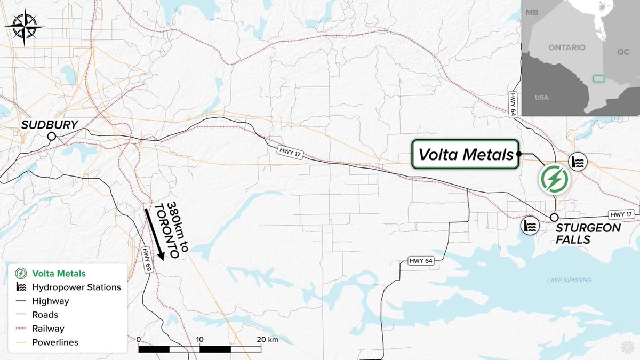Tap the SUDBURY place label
[x=49, y=125]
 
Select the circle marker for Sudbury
[x=51, y=137]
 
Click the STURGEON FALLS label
[x=588, y=234]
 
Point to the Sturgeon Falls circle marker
[x=554, y=218]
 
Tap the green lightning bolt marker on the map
[x=554, y=179]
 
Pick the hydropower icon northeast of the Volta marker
[x=578, y=161]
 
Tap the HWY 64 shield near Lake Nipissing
[x=421, y=261]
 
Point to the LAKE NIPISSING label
[x=569, y=280]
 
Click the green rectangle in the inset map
[x=598, y=78]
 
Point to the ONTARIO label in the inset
[x=566, y=47]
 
